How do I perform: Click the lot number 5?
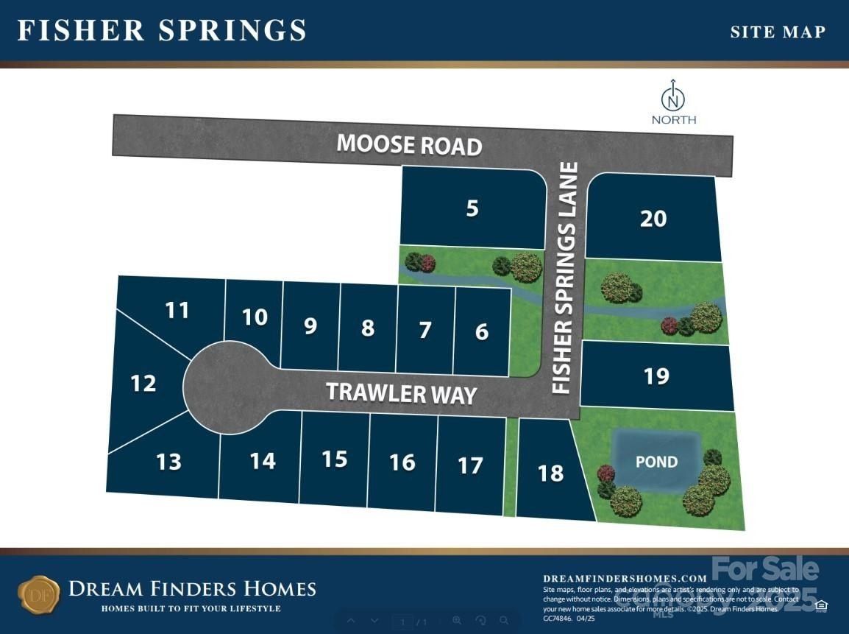tap(472, 208)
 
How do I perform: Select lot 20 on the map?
tap(653, 219)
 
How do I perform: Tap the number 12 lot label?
tap(143, 383)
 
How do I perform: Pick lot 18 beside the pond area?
tap(550, 473)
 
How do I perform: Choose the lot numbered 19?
tap(656, 376)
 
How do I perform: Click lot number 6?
tap(482, 331)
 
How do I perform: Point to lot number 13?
tap(168, 462)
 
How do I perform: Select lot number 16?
tap(402, 462)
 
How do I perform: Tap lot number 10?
tap(255, 317)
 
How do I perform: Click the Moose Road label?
tap(409, 144)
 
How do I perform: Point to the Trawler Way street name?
tap(402, 392)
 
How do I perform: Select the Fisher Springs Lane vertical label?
tap(565, 278)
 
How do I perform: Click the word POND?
tap(656, 462)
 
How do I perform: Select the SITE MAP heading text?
tap(778, 32)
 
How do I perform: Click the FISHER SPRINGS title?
tap(162, 30)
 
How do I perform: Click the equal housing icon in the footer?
tap(821, 605)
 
